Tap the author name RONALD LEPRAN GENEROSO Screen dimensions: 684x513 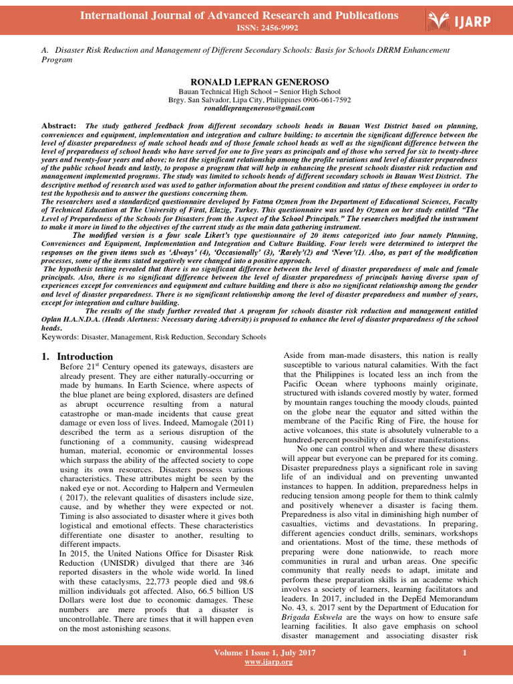click(x=256, y=81)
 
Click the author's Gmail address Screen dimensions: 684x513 click(x=256, y=108)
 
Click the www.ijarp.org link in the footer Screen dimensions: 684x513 click(x=269, y=661)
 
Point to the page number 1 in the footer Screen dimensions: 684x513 click(x=464, y=652)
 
